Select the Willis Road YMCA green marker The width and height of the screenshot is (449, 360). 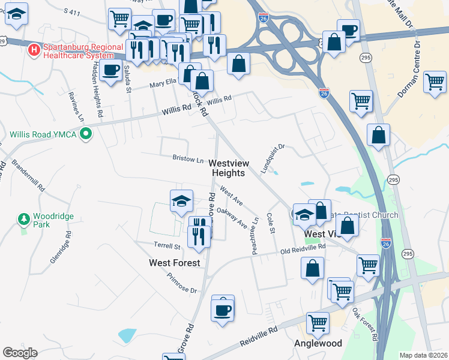[86, 133]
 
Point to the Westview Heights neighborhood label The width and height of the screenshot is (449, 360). [228, 168]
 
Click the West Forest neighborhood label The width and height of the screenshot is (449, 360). [174, 263]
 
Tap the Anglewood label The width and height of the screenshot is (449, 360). [318, 344]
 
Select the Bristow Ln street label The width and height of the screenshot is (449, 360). [187, 160]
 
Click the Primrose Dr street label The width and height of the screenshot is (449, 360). [182, 283]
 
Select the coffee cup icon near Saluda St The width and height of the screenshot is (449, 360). [110, 70]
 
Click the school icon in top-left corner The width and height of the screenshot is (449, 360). [16, 13]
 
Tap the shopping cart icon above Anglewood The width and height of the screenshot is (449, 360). [318, 323]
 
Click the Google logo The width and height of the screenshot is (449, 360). [20, 353]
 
